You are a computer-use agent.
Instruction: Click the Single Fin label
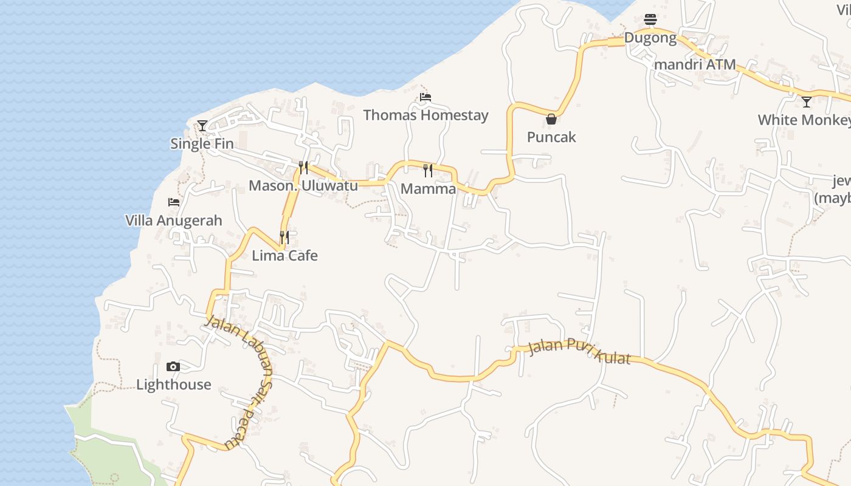pyautogui.click(x=202, y=144)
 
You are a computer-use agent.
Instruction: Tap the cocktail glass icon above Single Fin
pyautogui.click(x=202, y=126)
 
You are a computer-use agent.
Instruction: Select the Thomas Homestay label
pyautogui.click(x=425, y=115)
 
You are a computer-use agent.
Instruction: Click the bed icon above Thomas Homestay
pyautogui.click(x=425, y=97)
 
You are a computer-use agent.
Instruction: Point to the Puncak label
pyautogui.click(x=551, y=137)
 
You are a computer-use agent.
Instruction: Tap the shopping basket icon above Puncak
pyautogui.click(x=551, y=119)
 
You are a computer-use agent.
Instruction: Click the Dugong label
pyautogui.click(x=650, y=38)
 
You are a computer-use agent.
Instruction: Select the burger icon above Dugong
pyautogui.click(x=650, y=19)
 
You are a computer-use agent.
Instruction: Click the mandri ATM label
pyautogui.click(x=695, y=64)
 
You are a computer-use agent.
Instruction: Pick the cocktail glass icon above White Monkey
pyautogui.click(x=807, y=102)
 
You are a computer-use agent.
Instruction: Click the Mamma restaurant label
pyautogui.click(x=428, y=189)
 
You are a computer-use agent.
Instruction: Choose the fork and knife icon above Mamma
pyautogui.click(x=428, y=171)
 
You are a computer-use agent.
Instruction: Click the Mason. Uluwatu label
pyautogui.click(x=303, y=186)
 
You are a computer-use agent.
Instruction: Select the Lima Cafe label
pyautogui.click(x=284, y=255)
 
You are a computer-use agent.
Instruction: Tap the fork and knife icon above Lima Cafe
pyautogui.click(x=284, y=237)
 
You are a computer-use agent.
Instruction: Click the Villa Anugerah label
pyautogui.click(x=174, y=221)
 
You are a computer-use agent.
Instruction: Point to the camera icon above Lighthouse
pyautogui.click(x=173, y=366)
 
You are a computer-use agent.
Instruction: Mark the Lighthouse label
pyautogui.click(x=174, y=385)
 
